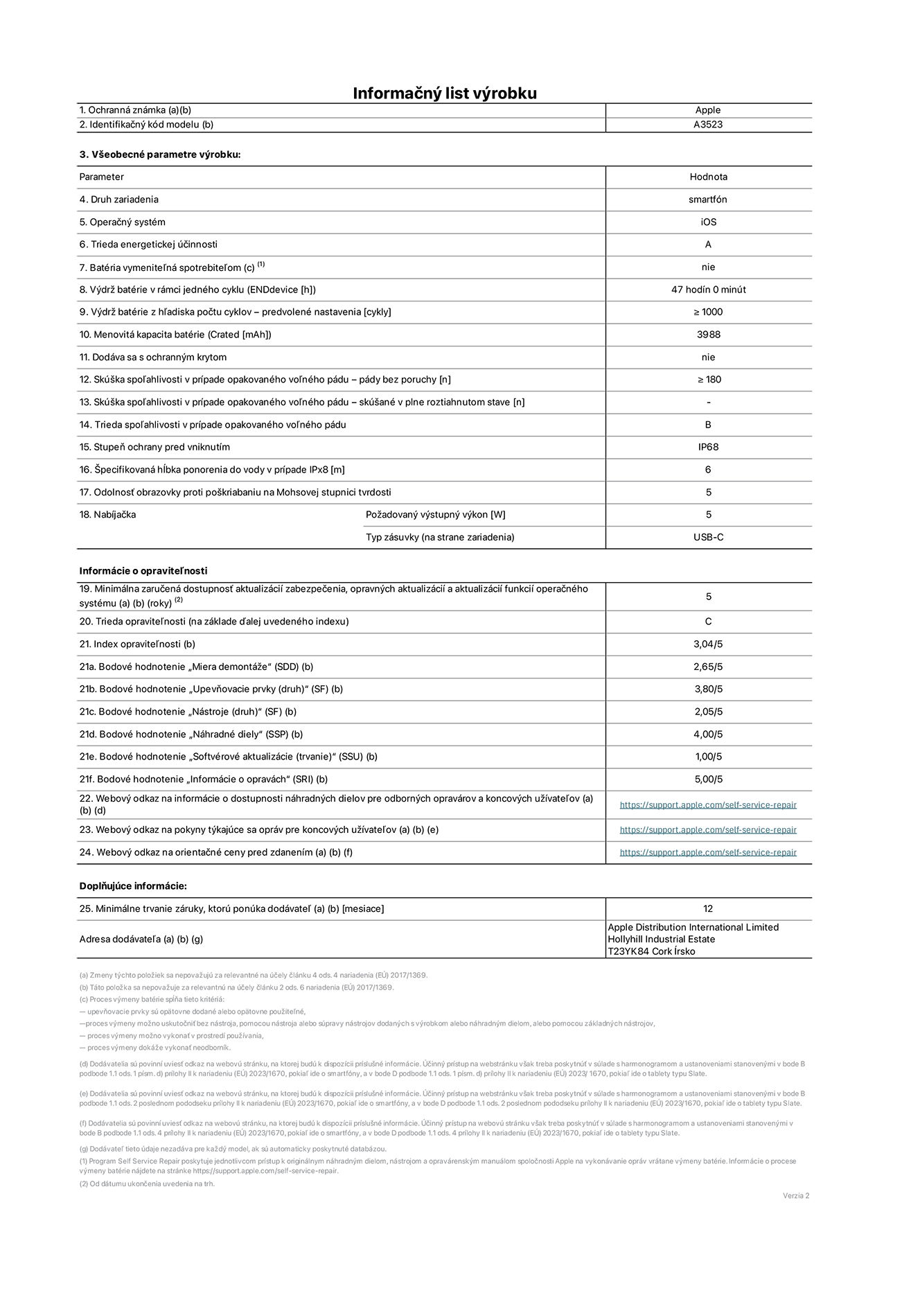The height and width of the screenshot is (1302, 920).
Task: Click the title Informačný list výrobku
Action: (x=445, y=93)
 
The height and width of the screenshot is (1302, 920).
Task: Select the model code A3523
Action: (x=708, y=125)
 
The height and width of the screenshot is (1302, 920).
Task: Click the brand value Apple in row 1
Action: (x=708, y=110)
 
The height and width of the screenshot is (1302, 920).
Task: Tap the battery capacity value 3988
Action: (x=708, y=335)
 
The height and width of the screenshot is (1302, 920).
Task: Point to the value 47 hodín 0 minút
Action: (x=708, y=290)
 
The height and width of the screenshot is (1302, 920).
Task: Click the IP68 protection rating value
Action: (x=708, y=447)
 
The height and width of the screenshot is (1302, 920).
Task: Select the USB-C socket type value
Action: (x=708, y=537)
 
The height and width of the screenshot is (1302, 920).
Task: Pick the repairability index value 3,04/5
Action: (x=708, y=644)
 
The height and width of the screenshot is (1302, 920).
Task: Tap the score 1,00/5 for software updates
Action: (x=708, y=757)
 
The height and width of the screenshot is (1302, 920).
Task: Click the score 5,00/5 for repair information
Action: (x=708, y=780)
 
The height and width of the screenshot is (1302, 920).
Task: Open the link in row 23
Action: (x=708, y=830)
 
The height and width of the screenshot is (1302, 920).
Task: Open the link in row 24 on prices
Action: (x=708, y=853)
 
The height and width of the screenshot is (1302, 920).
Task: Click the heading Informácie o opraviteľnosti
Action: (x=143, y=571)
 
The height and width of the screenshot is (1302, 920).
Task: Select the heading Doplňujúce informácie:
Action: (x=133, y=886)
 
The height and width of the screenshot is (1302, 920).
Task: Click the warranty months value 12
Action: (x=708, y=909)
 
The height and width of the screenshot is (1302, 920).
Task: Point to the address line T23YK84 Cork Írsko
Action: (x=651, y=951)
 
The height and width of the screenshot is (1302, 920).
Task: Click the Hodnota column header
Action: (x=708, y=177)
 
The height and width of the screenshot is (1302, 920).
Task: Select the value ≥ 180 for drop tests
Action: (x=708, y=380)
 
